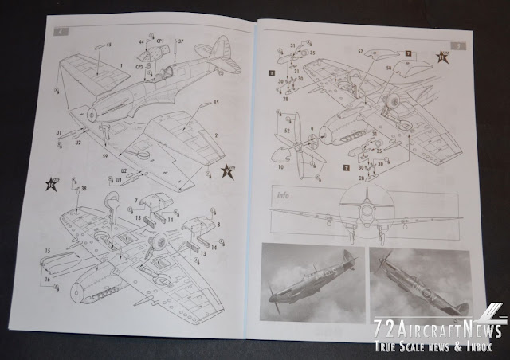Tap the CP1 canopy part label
160,41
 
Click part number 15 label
48,251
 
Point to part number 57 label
360,51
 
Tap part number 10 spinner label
280,168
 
